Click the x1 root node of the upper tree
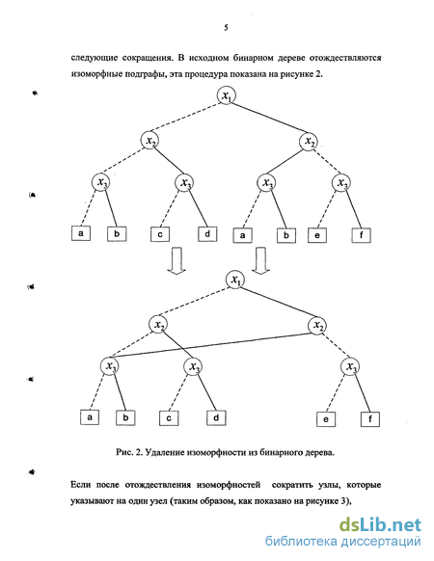[x=227, y=95]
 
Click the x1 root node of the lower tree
[x=235, y=280]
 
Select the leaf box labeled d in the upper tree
[x=207, y=234]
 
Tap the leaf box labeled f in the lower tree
[x=370, y=419]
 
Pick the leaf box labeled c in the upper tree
[x=160, y=234]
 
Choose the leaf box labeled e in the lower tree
[x=326, y=419]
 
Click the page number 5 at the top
[x=226, y=28]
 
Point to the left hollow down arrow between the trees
[x=176, y=261]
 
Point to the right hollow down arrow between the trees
[x=260, y=261]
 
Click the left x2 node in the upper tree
[x=150, y=141]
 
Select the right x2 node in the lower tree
[x=317, y=325]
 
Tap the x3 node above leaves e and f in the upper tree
[x=340, y=183]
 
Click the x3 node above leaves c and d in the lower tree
[x=193, y=366]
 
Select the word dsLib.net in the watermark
[x=380, y=525]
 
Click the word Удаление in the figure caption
[x=163, y=452]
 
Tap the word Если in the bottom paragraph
[x=81, y=485]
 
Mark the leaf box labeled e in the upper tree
[x=317, y=235]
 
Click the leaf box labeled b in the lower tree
[x=125, y=417]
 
